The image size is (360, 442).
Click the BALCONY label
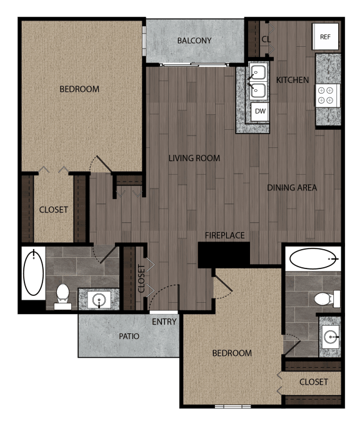tap(194, 41)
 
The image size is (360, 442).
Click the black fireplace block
tap(224, 254)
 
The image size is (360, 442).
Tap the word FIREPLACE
tap(225, 235)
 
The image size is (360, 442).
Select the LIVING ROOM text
tap(194, 159)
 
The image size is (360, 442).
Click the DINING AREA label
tap(292, 187)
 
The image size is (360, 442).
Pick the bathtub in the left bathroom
tap(33, 273)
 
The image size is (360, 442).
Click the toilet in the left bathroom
tap(62, 294)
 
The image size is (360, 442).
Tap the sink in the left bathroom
tap(99, 300)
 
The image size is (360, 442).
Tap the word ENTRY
tap(164, 322)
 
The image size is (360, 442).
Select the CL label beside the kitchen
tap(266, 39)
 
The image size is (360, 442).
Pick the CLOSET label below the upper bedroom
tap(54, 210)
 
